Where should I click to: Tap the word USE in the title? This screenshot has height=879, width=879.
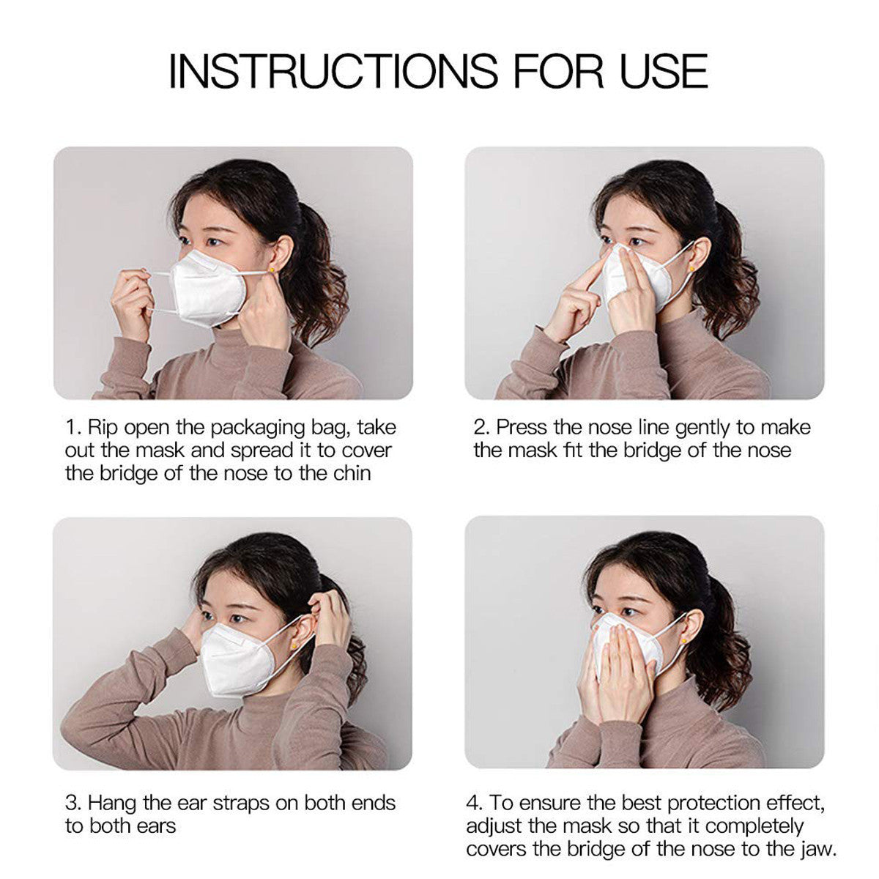coord(664,70)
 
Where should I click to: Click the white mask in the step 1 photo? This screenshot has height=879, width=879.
coord(207,288)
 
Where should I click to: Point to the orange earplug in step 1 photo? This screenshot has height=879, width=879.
coord(271,271)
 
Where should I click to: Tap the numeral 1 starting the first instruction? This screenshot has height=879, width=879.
coord(70,428)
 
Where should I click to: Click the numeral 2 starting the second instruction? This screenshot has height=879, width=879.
coord(481,428)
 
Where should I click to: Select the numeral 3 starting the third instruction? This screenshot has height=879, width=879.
coord(71,804)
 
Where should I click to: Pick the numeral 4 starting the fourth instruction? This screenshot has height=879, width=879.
coord(472,804)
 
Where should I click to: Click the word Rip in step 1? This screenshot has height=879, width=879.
coord(102,428)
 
